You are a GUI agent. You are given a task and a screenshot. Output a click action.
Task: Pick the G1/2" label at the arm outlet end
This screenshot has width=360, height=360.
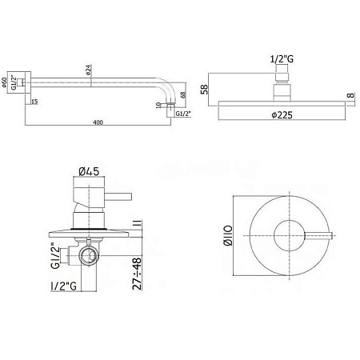point(183,114)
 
